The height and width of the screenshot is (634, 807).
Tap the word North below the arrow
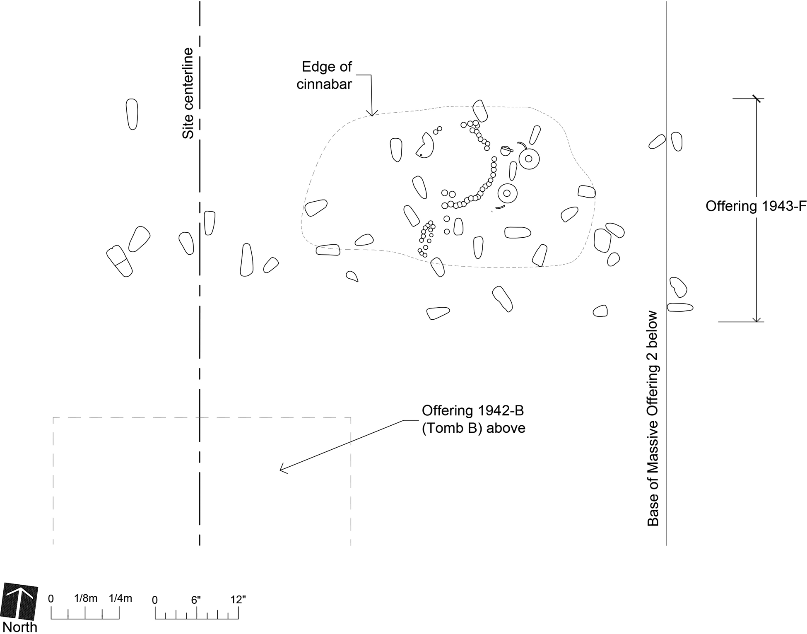20,627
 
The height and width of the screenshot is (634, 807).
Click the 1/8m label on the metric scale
86,598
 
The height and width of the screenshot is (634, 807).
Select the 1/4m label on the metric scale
120,598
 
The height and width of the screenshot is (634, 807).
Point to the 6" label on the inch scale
196,600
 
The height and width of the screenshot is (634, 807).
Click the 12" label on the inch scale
238,600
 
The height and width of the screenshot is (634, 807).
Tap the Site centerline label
188,94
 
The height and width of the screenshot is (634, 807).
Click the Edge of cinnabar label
325,75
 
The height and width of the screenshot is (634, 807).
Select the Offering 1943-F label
756,206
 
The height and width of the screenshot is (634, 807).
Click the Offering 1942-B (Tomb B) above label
473,419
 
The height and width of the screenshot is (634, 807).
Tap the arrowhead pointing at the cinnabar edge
372,113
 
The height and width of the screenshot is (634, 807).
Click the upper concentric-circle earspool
529,159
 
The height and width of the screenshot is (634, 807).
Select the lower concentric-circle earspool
507,193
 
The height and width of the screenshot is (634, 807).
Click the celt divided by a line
119,261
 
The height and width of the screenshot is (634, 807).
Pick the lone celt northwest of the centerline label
132,114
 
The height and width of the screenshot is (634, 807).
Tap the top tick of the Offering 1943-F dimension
756,99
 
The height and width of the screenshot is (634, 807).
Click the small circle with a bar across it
506,151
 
